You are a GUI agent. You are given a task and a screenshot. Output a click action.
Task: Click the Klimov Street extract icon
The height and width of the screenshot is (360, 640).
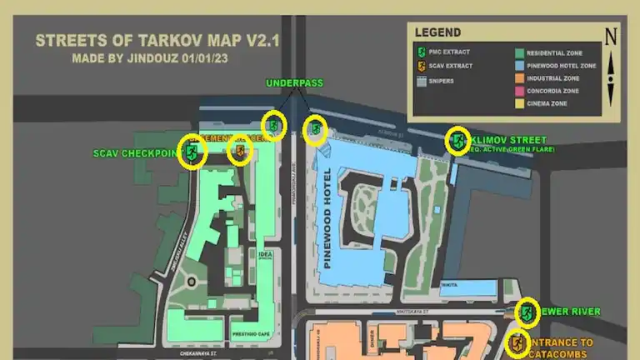(x=458, y=141)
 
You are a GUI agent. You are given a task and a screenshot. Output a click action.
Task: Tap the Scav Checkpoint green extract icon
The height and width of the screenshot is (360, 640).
(x=193, y=152)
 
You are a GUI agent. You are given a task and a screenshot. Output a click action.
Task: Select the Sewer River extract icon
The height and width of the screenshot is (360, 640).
(x=527, y=313)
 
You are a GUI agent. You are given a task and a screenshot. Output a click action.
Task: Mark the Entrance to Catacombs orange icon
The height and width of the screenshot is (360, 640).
(x=517, y=343)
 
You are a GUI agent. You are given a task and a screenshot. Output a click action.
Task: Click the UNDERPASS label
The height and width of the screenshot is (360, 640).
(x=293, y=83)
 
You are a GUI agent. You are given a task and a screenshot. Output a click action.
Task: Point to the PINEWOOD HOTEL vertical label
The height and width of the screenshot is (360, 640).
(x=327, y=218)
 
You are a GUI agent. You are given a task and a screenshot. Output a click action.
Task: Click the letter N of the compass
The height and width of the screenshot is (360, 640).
(x=611, y=36)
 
